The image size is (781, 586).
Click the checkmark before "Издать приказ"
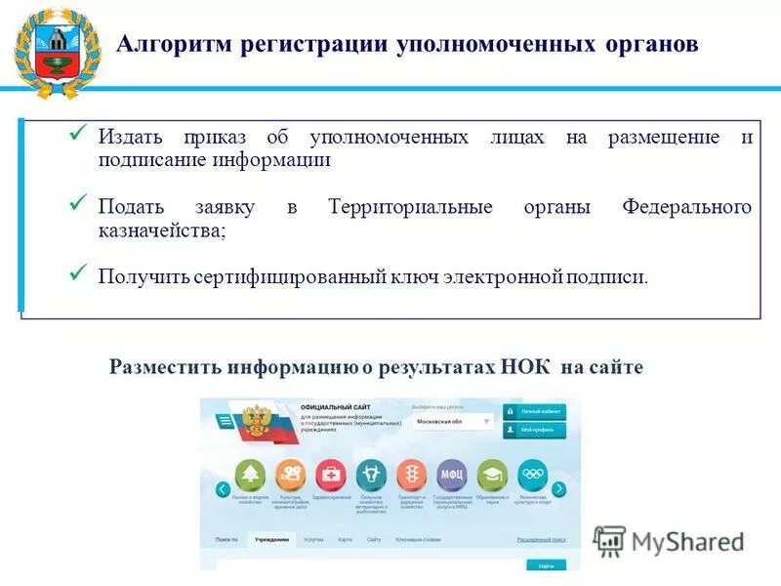pos(81,133)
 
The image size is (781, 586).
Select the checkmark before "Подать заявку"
pos(81,203)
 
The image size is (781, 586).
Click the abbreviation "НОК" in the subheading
pos(528,366)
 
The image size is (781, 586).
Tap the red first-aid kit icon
pos(331,475)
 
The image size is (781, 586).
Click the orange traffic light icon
pos(410,475)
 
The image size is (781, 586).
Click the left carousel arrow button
pos(224,489)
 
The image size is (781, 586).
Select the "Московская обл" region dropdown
pos(452,423)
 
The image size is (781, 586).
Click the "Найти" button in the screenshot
pos(545,565)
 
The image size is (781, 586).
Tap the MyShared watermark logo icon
pos(610,540)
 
